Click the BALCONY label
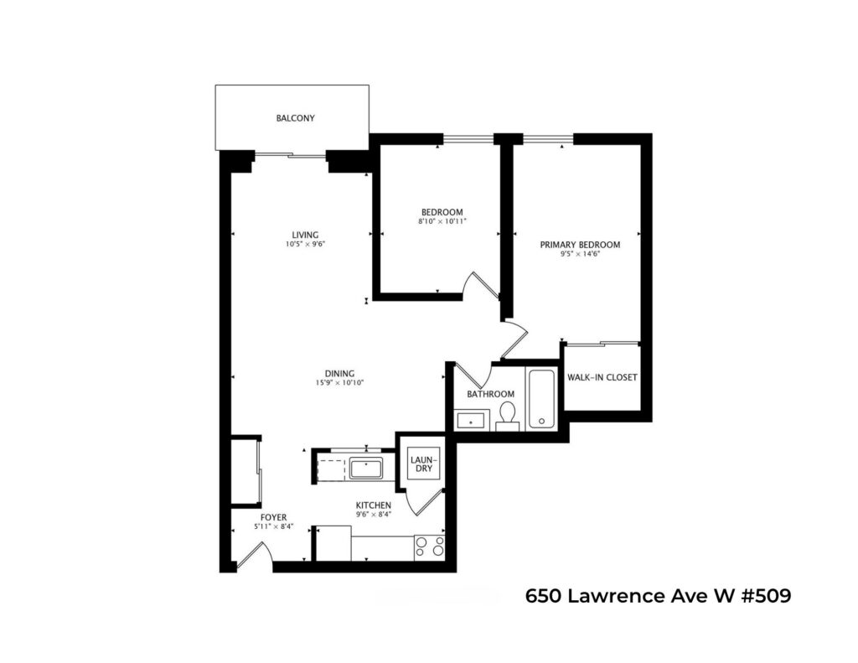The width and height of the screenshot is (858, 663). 295,118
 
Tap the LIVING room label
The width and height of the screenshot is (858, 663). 305,236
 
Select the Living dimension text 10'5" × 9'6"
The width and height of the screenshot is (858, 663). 305,245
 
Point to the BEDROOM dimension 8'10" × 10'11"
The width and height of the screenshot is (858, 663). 442,221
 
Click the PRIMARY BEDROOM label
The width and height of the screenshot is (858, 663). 580,245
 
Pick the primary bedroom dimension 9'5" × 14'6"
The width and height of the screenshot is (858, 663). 580,254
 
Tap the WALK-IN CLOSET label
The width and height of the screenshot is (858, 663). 602,377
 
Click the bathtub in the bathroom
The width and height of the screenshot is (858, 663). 541,398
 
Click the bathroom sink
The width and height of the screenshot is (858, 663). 471,421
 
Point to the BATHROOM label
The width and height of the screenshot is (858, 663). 490,394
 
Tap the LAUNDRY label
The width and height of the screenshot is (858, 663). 423,464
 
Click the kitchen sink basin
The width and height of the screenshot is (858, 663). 366,469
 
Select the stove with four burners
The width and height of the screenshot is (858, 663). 430,547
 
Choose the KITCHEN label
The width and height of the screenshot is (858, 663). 373,505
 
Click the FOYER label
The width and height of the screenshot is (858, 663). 274,518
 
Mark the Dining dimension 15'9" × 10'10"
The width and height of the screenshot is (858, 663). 340,383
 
